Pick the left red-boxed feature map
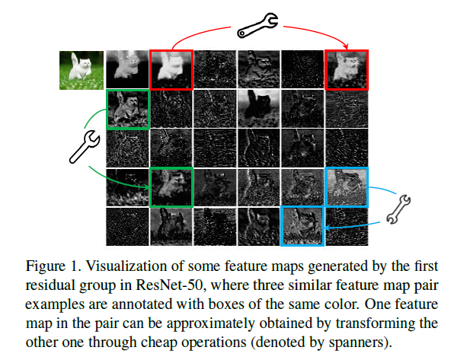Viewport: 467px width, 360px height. pyautogui.click(x=171, y=70)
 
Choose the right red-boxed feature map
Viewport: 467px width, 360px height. pyautogui.click(x=347, y=70)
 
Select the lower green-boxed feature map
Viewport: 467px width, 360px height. pyautogui.click(x=171, y=187)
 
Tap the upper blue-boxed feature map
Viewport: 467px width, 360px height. pyautogui.click(x=347, y=187)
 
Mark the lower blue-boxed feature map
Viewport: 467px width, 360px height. pyautogui.click(x=303, y=225)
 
